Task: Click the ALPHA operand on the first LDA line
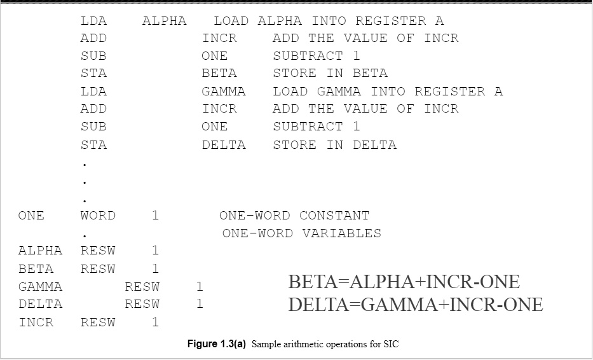pos(165,21)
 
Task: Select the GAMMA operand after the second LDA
pos(224,92)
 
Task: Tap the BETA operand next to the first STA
pos(219,73)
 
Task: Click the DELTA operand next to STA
pos(224,145)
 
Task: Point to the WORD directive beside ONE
pos(98,216)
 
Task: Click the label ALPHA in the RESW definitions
pos(40,251)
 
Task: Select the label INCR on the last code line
pos(36,322)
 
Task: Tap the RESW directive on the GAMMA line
pos(142,287)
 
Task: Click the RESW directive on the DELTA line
pos(142,305)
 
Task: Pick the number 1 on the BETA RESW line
pos(156,269)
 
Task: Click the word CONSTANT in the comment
pos(334,216)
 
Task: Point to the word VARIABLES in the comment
pos(342,233)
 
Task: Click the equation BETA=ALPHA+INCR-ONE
pos(404,282)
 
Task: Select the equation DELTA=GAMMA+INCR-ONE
pos(416,305)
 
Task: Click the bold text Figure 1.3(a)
pos(217,344)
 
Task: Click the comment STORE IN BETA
pos(331,73)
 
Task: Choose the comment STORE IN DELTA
pos(335,145)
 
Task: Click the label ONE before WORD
pos(31,216)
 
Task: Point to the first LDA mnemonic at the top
pos(93,21)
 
